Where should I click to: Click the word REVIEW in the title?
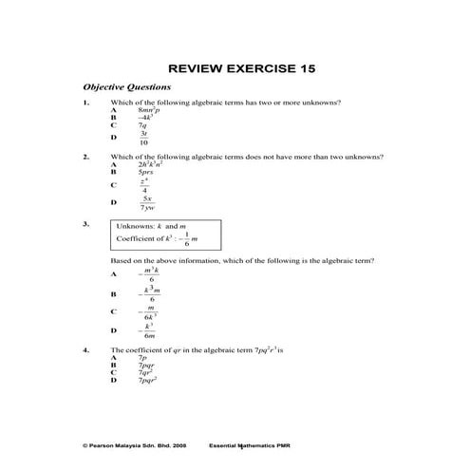(197, 69)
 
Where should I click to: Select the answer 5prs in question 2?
(147, 172)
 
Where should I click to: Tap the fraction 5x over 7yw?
(147, 202)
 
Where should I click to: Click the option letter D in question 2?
(113, 202)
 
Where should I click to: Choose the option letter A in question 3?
(113, 274)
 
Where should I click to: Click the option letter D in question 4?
(113, 380)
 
